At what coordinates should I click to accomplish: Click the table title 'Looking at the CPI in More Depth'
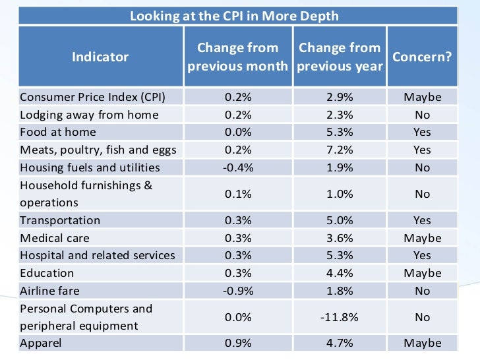point(234,15)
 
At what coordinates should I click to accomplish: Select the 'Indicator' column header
point(100,57)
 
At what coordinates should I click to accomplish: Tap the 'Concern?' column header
point(422,57)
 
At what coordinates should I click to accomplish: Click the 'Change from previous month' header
point(238,57)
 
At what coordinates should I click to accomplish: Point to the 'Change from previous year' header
point(340,57)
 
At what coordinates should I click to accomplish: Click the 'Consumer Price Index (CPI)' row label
point(92,97)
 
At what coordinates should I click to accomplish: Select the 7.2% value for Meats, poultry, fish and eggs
point(340,150)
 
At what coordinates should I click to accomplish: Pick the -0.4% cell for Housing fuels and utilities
point(238,167)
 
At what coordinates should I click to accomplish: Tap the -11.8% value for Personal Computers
point(340,317)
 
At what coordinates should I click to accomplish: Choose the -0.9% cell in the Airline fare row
point(238,291)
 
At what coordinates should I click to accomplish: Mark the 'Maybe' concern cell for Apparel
point(422,343)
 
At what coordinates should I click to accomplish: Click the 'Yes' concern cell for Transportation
point(422,220)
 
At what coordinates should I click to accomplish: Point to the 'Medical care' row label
point(55,238)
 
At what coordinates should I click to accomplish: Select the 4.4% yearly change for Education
point(340,273)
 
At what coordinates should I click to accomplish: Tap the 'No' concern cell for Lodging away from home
point(422,115)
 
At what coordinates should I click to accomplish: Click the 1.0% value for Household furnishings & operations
point(340,194)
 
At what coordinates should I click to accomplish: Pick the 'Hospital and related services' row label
point(98,255)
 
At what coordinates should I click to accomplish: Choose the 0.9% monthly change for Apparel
point(238,343)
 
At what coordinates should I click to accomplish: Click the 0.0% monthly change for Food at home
point(238,132)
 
